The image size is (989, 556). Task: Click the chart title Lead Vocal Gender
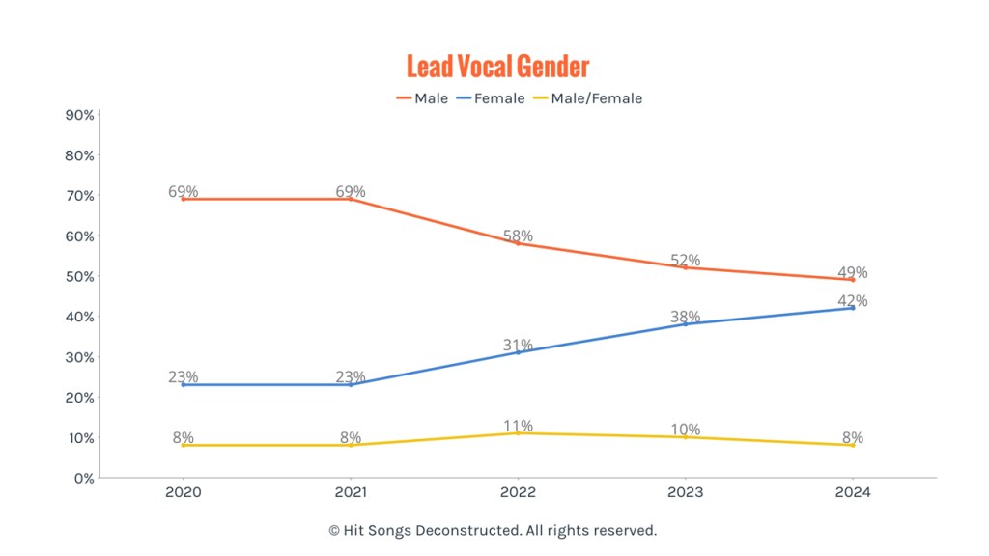[497, 67]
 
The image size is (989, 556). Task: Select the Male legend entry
[422, 98]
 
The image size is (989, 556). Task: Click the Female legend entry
[490, 98]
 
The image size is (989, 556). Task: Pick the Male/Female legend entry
[586, 98]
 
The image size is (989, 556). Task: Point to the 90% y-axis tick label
[79, 115]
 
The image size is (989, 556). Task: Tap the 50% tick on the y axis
[79, 276]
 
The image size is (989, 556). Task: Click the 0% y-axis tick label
[83, 478]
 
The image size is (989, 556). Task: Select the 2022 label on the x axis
[518, 492]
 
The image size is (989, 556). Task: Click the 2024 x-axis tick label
[853, 492]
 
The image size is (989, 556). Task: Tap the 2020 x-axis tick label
[184, 492]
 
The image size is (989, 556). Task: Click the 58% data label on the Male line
[518, 236]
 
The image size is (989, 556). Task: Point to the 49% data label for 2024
[853, 272]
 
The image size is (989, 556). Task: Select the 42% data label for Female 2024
[853, 301]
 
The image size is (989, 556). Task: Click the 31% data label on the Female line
[518, 346]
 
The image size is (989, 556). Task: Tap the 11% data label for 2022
[518, 427]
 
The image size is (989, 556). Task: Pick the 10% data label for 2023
[686, 430]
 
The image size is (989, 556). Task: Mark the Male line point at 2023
[686, 267]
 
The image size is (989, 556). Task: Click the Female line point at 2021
[351, 384]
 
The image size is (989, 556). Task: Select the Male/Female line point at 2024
[853, 445]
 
